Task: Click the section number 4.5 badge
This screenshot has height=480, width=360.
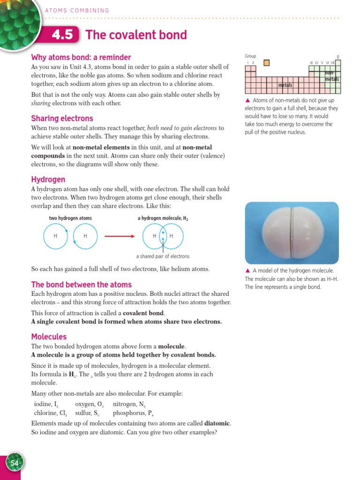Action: tap(62, 36)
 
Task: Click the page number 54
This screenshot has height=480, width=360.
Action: tap(14, 463)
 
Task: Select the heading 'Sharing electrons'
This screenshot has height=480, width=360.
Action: tap(62, 119)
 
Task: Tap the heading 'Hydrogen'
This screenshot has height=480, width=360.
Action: tap(48, 180)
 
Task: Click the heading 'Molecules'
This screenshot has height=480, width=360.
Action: tap(49, 337)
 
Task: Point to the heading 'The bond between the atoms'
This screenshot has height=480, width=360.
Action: tap(81, 285)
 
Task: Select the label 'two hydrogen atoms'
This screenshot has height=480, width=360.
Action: tap(70, 218)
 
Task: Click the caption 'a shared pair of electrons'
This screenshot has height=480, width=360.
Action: tap(163, 256)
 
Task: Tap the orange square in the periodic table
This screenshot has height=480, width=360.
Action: tap(266, 62)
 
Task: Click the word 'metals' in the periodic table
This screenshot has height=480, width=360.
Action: tap(285, 85)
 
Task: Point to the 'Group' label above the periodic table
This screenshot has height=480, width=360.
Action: tap(250, 56)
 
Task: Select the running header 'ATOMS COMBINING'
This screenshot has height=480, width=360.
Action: tap(77, 10)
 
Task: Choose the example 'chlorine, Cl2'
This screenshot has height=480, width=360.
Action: tap(51, 413)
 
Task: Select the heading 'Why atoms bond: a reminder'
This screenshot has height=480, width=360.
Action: tap(81, 57)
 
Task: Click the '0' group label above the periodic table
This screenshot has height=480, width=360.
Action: tap(338, 57)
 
